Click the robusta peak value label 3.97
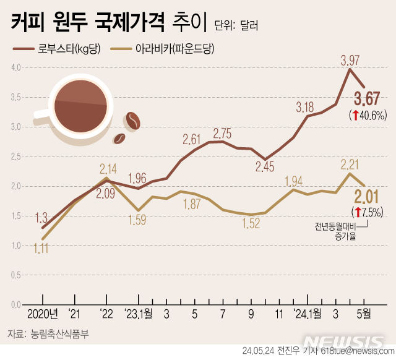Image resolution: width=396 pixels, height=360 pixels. pos(350,60)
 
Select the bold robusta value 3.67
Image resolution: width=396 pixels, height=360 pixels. pos(367,98)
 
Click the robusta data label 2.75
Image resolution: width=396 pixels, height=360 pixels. pos(222,133)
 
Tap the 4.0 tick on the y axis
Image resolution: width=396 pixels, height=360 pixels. pos(16,67)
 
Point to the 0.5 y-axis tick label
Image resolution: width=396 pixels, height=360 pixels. pos(16,275)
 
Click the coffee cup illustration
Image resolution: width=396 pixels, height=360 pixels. pos(79,105)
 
